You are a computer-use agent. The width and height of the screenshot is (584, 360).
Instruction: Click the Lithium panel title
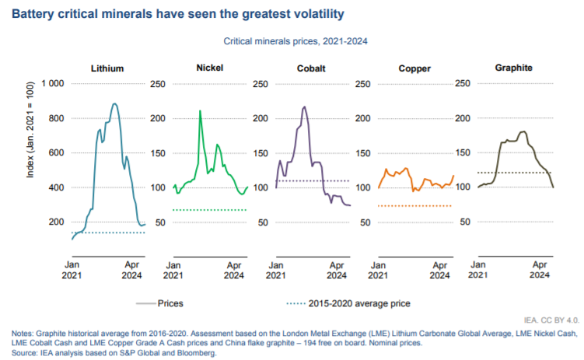point(107,68)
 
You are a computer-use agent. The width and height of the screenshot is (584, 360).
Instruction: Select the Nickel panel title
point(210,68)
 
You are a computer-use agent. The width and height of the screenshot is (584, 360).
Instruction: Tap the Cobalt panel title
point(310,68)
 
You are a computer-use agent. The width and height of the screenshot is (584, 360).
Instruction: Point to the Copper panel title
point(414,68)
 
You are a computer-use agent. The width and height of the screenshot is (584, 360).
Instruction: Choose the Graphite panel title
point(514,68)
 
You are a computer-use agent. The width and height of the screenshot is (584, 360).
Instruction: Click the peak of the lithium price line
point(114,103)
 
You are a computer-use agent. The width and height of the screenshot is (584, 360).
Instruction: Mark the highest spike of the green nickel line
point(200,111)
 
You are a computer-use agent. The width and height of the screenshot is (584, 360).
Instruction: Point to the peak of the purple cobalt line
point(303,107)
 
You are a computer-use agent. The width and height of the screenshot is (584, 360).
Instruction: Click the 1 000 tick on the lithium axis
point(51,84)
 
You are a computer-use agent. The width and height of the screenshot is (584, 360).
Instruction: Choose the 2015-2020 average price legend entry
point(358,303)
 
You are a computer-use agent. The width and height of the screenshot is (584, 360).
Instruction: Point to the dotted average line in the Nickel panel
point(210,210)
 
